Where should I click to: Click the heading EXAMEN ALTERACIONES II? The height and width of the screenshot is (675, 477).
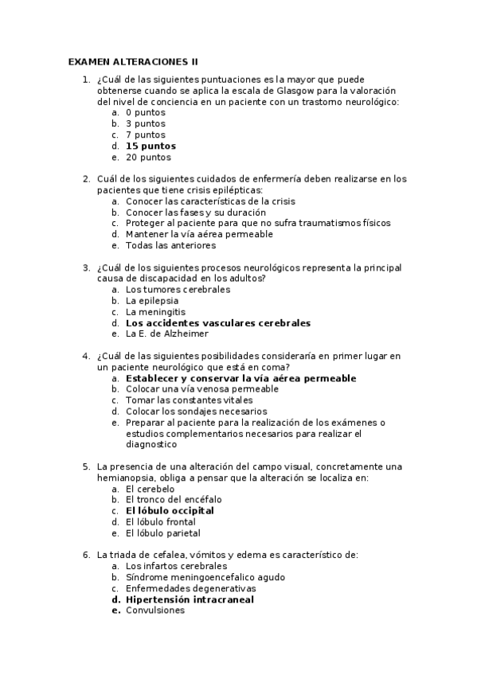tap(132, 61)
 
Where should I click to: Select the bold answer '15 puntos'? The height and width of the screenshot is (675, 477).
tap(151, 146)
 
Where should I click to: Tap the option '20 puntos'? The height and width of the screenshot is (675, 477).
tap(148, 158)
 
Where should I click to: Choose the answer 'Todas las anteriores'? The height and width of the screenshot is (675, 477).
tap(170, 246)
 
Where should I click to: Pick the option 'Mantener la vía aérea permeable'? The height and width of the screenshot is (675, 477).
tap(199, 235)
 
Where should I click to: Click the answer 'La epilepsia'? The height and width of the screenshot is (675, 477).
tap(152, 301)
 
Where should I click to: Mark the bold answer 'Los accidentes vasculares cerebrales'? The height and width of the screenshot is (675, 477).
tap(218, 323)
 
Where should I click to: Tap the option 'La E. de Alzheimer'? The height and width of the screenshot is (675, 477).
tap(167, 334)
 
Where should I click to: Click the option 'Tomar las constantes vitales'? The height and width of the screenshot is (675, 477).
tap(189, 400)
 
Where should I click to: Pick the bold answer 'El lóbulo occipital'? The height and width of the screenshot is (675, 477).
tap(170, 511)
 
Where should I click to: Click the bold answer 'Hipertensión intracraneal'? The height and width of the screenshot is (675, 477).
tap(190, 599)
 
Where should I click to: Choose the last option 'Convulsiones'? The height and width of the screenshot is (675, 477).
tap(155, 611)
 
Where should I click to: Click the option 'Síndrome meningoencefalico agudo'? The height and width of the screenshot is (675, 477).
tap(205, 577)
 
